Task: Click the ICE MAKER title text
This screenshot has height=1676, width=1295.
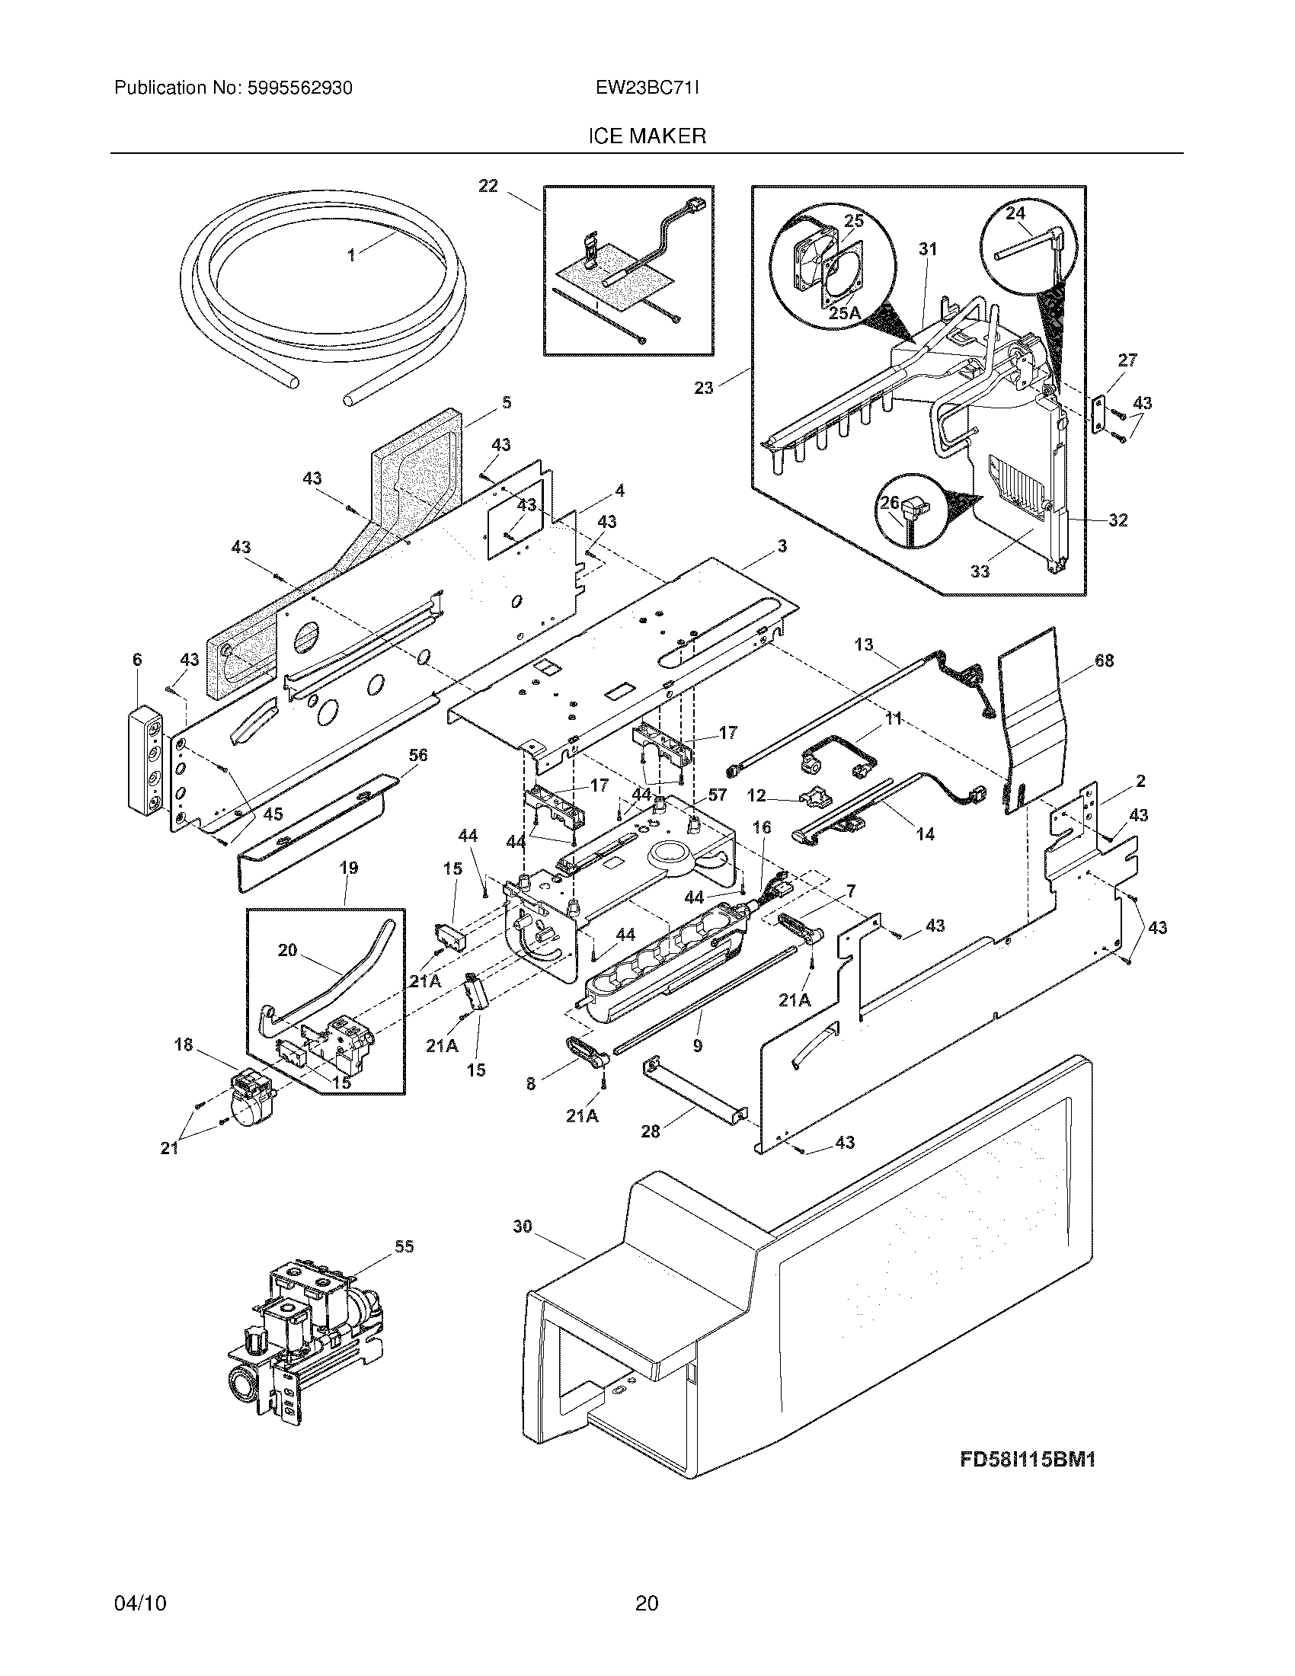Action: (x=647, y=136)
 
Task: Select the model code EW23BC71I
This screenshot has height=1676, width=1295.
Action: (x=647, y=88)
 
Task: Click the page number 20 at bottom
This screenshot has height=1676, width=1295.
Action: (x=647, y=1624)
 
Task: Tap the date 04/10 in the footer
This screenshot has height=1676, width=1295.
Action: (x=139, y=1624)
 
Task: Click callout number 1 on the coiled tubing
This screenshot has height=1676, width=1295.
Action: (x=352, y=256)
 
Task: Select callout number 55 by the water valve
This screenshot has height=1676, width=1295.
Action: (x=404, y=1246)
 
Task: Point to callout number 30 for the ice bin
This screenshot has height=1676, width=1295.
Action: (x=522, y=1227)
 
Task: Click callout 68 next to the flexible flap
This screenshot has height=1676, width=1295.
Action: (x=1104, y=660)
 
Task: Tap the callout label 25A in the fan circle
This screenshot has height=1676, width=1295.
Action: (x=845, y=313)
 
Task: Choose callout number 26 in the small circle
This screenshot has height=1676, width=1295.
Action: (x=889, y=503)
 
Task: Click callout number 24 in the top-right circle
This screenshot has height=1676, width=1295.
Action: (x=1015, y=213)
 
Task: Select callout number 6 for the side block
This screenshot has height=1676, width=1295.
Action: (x=137, y=659)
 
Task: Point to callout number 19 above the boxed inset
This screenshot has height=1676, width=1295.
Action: (x=348, y=868)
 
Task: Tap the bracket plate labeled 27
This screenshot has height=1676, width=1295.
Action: (x=1099, y=414)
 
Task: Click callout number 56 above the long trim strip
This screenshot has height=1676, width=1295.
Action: (x=417, y=755)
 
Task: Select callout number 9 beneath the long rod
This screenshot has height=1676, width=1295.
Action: (x=696, y=1045)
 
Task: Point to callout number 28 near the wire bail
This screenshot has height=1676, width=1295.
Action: (x=650, y=1131)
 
